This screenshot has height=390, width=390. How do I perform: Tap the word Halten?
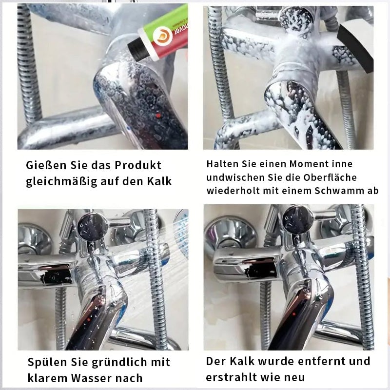222,164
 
